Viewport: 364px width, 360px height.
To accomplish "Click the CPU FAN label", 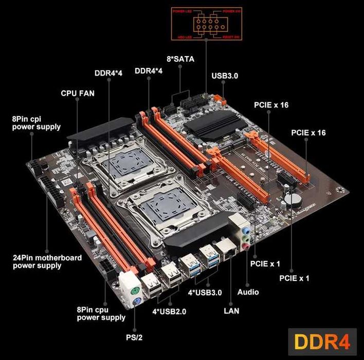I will (x=78, y=94).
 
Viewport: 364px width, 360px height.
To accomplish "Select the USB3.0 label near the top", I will (x=225, y=76).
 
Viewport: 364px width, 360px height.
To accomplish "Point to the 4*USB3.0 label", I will (x=205, y=293).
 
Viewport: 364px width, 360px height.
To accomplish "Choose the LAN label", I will (x=232, y=311).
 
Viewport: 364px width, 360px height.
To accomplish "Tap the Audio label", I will (x=248, y=292).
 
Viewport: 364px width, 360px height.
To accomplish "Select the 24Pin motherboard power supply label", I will (x=47, y=261).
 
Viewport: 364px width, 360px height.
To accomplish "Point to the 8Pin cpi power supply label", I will (x=37, y=123).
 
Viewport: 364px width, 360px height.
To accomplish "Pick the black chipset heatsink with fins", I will (x=210, y=122).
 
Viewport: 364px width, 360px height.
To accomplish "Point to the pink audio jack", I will (x=247, y=246).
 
